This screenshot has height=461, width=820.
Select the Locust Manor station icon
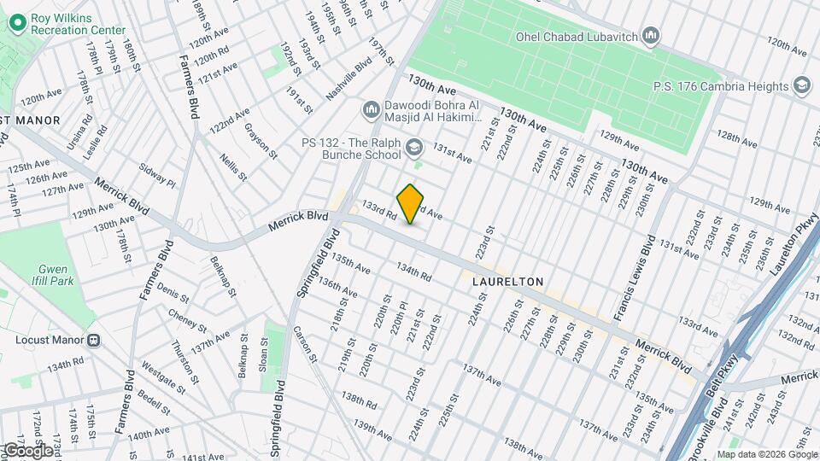[93, 340]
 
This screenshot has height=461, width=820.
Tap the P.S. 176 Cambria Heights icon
[801, 85]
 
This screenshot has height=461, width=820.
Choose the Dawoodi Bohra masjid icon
[371, 110]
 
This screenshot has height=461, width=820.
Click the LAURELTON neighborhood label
[507, 281]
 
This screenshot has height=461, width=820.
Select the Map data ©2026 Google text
[766, 454]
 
